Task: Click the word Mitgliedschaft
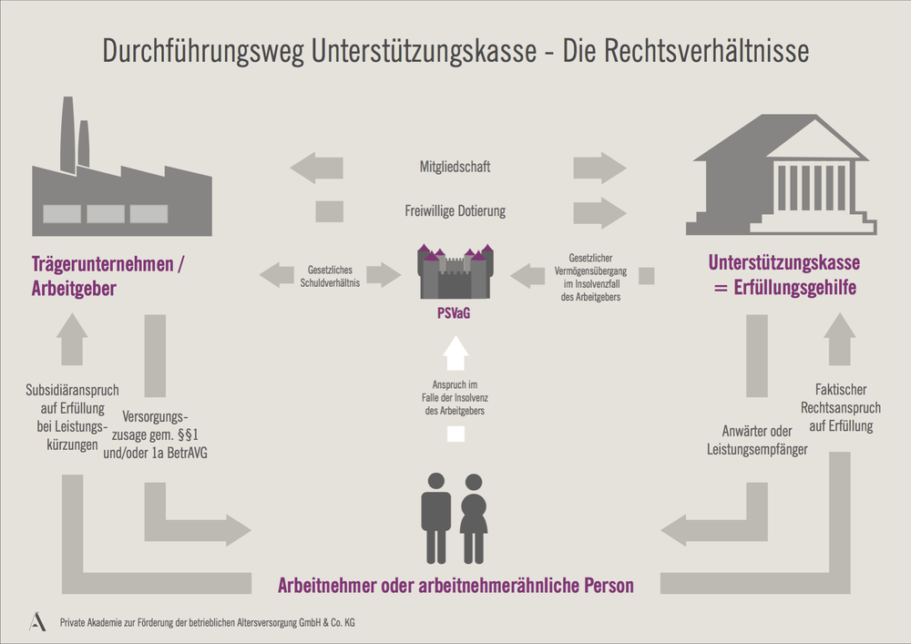pos(455,168)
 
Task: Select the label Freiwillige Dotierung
pos(455,210)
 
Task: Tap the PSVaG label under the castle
pos(454,313)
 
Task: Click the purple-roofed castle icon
pos(455,271)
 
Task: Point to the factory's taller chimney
pos(67,134)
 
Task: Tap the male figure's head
pos(435,481)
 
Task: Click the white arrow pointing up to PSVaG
pos(455,353)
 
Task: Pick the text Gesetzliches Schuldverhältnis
pos(330,276)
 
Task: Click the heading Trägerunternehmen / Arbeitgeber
pos(107,276)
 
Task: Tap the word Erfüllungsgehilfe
pos(794,288)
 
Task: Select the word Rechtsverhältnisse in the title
pos(706,50)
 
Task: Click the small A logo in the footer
pos(37,621)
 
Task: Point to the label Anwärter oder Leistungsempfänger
pos(757,440)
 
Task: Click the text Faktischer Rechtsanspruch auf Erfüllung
pos(841,408)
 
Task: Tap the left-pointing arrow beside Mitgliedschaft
pos(317,168)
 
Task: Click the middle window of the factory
pos(106,214)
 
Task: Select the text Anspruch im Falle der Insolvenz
pos(455,392)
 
